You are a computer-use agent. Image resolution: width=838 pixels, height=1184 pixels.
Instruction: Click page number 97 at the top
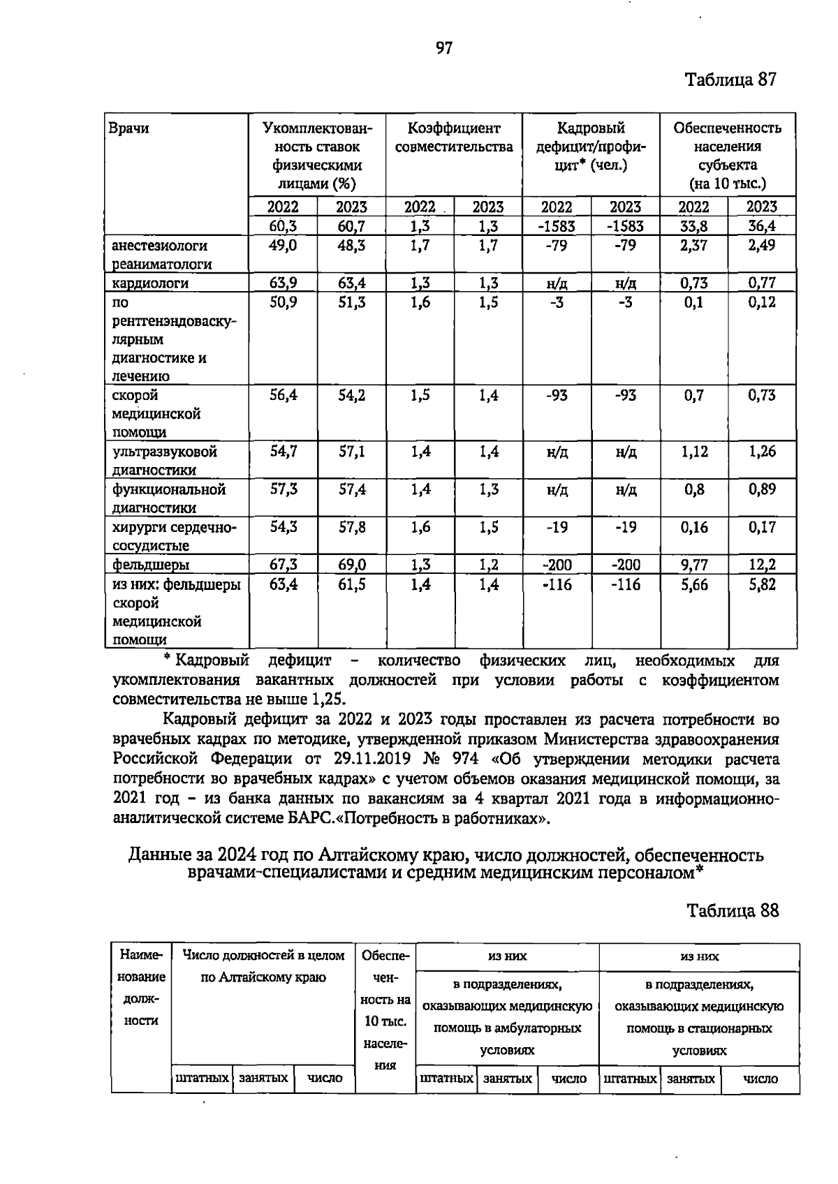click(x=444, y=47)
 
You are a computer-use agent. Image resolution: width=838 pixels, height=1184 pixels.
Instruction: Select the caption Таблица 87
click(x=731, y=80)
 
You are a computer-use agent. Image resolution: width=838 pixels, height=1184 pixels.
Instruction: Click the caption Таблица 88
click(x=733, y=910)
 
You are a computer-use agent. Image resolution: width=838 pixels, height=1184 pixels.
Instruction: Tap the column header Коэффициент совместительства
click(x=454, y=138)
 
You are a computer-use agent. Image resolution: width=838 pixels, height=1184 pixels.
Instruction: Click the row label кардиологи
click(x=151, y=283)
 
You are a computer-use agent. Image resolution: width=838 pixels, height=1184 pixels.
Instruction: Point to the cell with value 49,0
click(x=284, y=246)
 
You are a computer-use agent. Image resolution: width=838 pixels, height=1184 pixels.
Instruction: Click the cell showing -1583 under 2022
click(x=557, y=226)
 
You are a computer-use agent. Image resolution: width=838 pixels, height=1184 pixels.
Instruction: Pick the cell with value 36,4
click(x=761, y=226)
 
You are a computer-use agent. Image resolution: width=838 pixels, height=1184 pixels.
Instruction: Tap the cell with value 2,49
click(x=761, y=246)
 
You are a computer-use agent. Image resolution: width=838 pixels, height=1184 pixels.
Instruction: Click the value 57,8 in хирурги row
click(x=352, y=527)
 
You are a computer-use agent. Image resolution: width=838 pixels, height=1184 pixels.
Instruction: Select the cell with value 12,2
click(x=762, y=565)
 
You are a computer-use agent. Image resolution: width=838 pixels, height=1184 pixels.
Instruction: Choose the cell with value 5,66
click(x=694, y=584)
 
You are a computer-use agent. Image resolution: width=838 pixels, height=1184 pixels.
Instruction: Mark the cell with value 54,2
click(x=352, y=395)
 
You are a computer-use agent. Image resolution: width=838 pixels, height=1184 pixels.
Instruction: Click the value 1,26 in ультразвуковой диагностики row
click(x=762, y=452)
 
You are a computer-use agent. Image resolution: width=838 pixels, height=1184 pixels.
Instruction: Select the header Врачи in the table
click(x=128, y=128)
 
